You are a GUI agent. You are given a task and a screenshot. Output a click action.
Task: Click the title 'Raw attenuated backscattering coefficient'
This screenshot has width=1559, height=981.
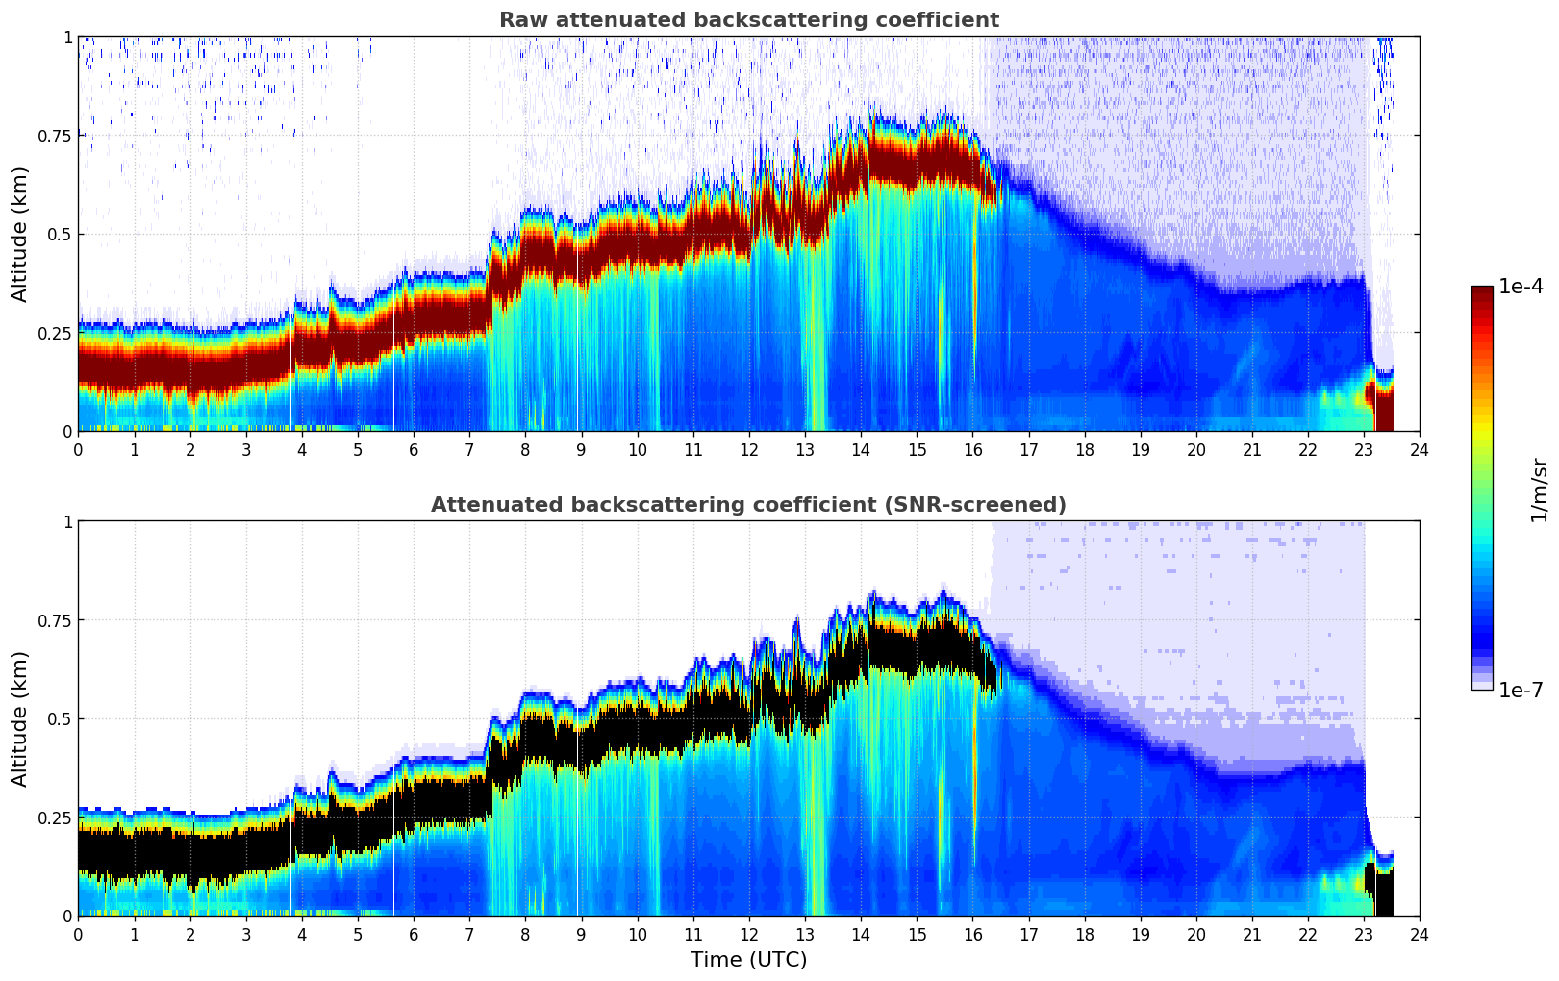coord(748,20)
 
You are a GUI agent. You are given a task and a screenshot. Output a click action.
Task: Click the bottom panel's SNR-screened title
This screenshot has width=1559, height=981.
coord(748,505)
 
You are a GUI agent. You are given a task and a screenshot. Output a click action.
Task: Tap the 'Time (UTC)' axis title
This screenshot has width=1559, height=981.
coord(748,960)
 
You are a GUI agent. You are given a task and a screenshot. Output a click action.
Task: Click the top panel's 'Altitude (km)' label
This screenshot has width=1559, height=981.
coord(20,234)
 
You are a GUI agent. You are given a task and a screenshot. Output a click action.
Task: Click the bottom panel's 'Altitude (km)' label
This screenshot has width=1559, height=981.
coord(20,718)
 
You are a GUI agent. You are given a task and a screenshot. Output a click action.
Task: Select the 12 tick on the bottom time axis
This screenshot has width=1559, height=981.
coord(749,935)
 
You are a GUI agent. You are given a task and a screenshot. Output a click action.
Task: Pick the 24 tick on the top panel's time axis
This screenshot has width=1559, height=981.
coord(1420,450)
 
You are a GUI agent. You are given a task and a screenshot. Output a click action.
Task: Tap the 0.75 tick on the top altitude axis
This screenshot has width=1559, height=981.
coord(55,136)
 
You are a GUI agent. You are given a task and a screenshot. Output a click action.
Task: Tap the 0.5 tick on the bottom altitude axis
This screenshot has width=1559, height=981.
coord(61,718)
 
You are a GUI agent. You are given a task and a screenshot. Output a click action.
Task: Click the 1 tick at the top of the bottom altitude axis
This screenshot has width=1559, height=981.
coord(67,521)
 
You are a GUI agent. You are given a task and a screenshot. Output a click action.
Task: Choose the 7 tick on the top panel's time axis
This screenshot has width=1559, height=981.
coord(469,450)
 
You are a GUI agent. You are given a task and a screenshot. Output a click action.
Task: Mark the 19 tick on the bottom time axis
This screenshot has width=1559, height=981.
coord(1141,935)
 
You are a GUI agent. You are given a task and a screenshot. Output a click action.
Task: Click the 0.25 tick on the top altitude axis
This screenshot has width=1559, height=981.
coord(55,333)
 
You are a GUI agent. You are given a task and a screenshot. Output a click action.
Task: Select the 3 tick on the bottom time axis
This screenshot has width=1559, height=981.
coord(246,935)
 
